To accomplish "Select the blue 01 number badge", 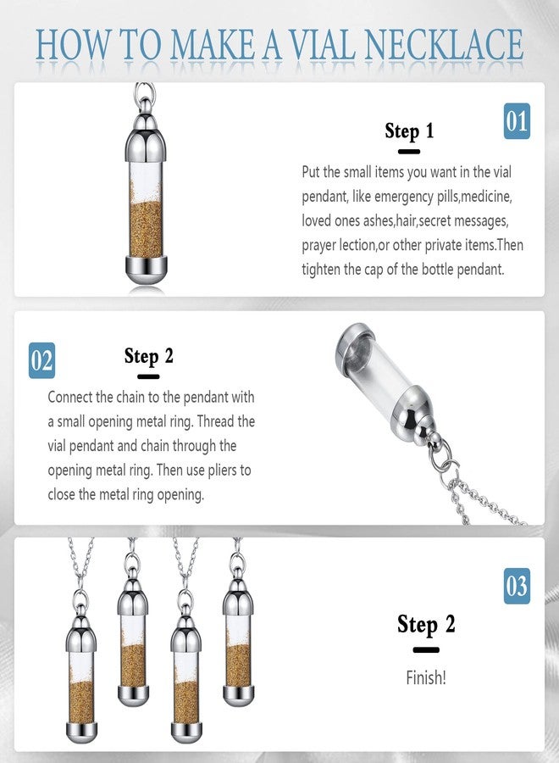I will (x=517, y=121).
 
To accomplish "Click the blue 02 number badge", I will (x=42, y=361).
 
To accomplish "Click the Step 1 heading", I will (x=409, y=131).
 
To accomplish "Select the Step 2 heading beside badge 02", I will (x=148, y=355).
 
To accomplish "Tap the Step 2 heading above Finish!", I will (x=426, y=625).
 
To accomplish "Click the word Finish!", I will (x=426, y=678).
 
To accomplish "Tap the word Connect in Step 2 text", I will (x=72, y=397).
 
